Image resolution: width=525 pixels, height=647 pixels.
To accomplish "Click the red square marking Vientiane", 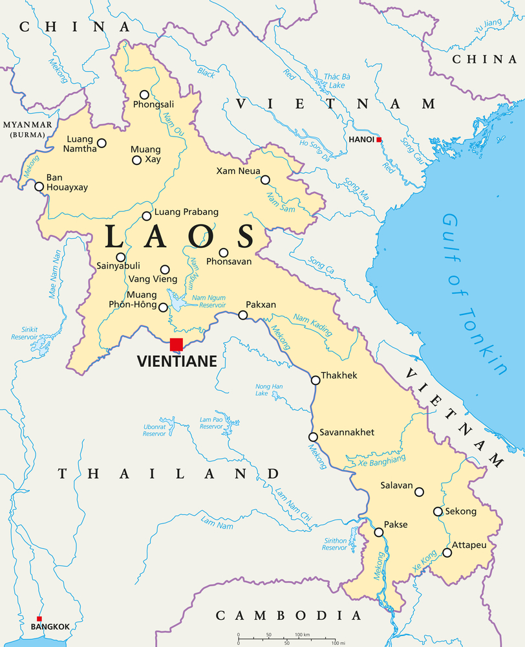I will tap(177, 344).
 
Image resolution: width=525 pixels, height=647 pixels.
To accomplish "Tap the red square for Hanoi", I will tap(379, 139).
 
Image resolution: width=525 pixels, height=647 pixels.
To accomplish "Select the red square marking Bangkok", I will tap(39, 619).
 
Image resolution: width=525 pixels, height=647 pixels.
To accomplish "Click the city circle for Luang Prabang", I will tap(147, 216).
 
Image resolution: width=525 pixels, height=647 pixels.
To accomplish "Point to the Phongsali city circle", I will tap(144, 94).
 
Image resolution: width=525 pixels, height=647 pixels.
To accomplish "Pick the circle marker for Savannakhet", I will tap(313, 437).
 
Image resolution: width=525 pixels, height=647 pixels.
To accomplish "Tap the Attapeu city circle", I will tap(447, 553).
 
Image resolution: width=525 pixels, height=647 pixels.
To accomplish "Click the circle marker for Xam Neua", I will tap(265, 179).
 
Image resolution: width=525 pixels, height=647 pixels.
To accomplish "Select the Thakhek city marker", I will tap(316, 380).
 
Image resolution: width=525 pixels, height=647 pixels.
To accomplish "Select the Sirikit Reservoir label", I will tap(25, 333).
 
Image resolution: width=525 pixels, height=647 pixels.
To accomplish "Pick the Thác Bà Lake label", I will tap(334, 81).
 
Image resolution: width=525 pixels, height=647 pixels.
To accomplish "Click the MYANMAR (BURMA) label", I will tap(23, 129).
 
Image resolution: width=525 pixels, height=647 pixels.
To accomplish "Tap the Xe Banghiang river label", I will tap(377, 461).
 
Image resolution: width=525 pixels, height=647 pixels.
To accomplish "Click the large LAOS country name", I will tap(180, 237).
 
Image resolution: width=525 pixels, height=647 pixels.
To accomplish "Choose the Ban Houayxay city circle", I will tap(39, 187).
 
